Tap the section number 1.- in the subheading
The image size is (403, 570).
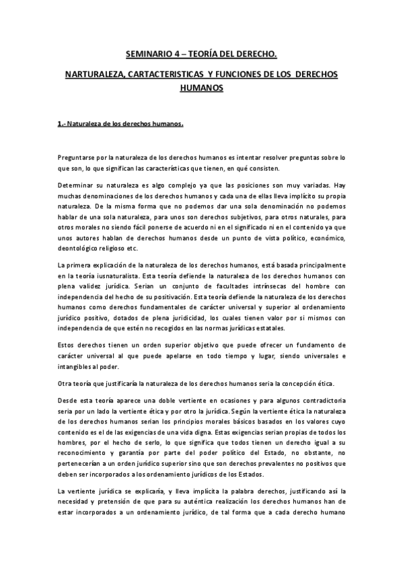63,124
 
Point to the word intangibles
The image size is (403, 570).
76,367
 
